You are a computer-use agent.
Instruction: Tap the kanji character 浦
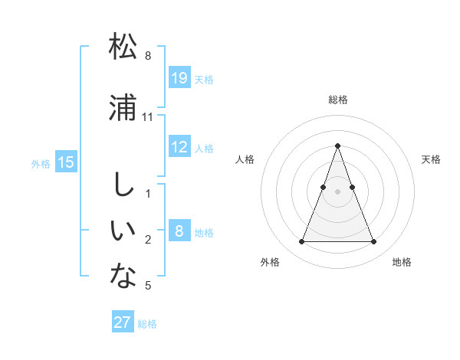[123, 107]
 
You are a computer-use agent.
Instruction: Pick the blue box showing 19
[179, 78]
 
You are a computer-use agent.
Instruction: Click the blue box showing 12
[179, 147]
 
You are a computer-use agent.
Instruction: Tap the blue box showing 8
[179, 231]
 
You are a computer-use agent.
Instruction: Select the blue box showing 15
[66, 162]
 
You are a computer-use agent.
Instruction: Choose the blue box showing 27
[123, 322]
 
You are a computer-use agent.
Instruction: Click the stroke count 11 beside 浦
[148, 117]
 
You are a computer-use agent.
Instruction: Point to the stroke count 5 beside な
[148, 286]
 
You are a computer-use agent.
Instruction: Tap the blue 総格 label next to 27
[147, 324]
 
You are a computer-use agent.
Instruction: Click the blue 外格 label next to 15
[41, 163]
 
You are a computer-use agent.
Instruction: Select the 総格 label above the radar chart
[338, 100]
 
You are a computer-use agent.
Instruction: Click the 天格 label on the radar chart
[431, 159]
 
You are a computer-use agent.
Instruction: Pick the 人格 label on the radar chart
[245, 159]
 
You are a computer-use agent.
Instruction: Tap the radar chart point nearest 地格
[374, 242]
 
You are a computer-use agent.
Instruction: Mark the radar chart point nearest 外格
[301, 242]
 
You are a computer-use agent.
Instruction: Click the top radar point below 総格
[337, 146]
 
